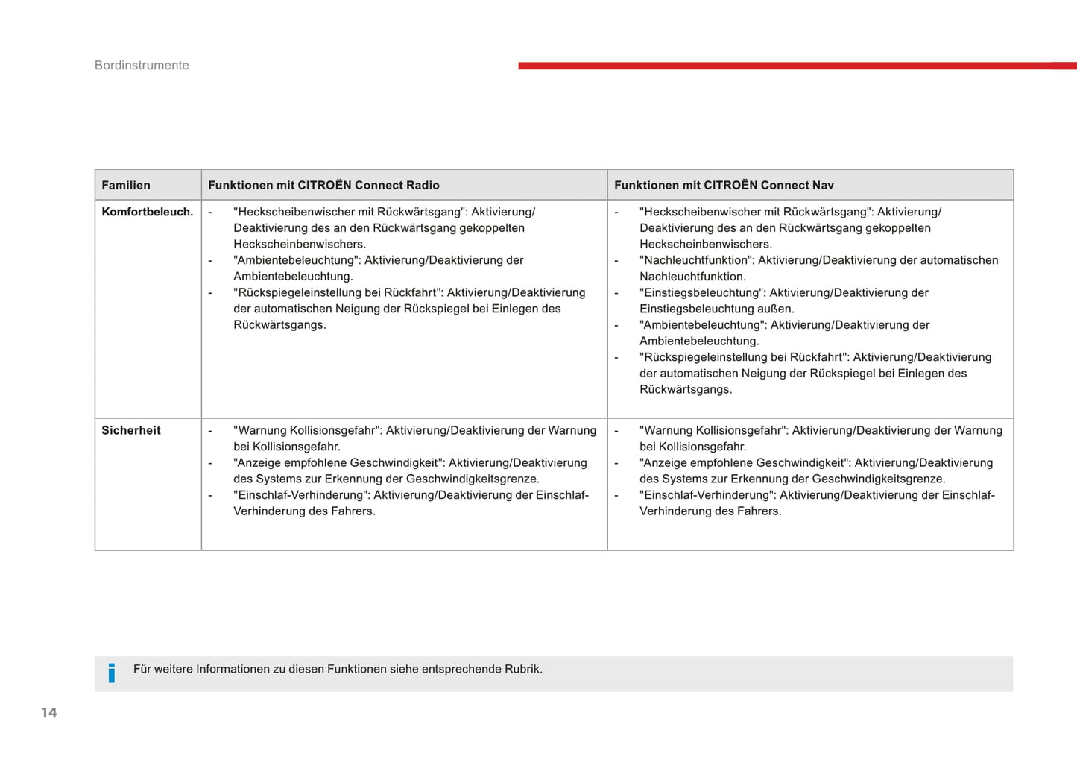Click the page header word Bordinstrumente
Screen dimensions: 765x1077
[142, 66]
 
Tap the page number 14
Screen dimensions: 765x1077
[49, 713]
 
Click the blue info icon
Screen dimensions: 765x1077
[112, 673]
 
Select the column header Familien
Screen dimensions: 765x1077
[126, 186]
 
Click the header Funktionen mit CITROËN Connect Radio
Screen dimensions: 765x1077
[323, 186]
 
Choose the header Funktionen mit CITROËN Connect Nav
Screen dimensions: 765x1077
[724, 186]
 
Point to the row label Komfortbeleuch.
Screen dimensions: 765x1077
[148, 212]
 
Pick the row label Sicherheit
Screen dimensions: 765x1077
[131, 431]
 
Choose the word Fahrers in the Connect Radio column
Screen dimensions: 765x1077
[354, 511]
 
